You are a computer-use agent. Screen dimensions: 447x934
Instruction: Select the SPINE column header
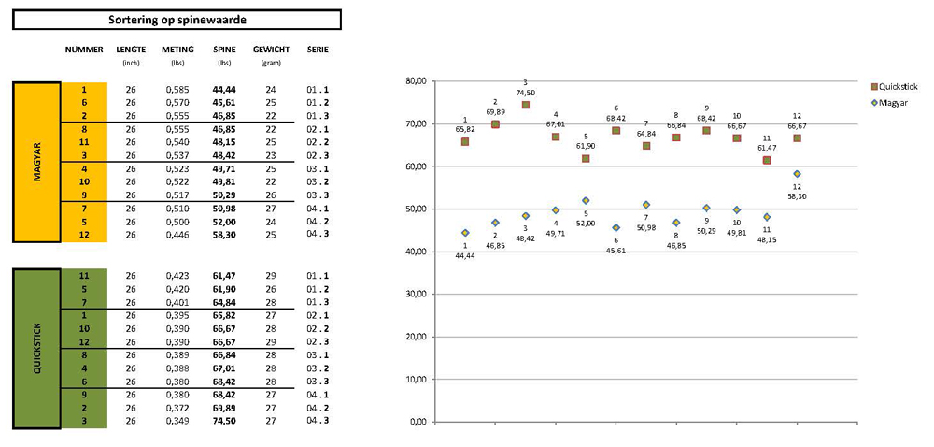click(223, 50)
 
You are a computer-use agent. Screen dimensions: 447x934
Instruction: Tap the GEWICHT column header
click(271, 50)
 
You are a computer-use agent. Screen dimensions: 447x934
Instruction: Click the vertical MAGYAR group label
click(37, 162)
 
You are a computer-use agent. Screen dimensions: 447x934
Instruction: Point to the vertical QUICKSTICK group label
click(37, 349)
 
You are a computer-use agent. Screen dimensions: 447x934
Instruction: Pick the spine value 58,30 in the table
click(223, 234)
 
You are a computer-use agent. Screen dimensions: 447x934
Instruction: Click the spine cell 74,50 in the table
click(223, 422)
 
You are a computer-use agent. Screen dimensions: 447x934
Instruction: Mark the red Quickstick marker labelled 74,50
click(525, 105)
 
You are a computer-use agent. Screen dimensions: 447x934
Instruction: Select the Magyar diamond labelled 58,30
click(797, 174)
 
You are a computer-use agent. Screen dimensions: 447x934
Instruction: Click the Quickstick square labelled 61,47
click(767, 160)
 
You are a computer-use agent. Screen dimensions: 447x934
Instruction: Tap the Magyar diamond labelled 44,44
click(465, 233)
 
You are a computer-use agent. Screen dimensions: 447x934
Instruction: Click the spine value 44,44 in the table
click(223, 89)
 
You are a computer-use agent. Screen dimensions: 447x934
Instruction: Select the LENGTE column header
click(131, 50)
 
